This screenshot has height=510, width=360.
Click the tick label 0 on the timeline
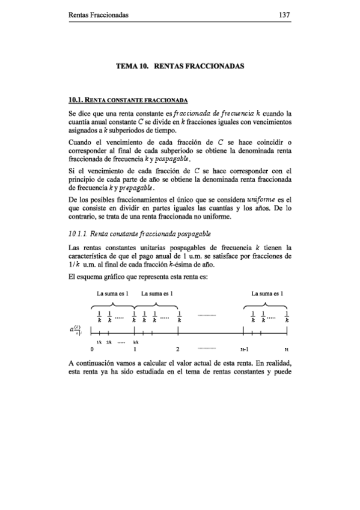click(92, 348)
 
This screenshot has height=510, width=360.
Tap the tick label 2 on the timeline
click(179, 348)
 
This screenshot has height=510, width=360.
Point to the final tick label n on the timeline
click(287, 348)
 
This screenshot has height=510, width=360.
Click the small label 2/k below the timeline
click(109, 340)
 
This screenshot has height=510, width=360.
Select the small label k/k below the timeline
click(136, 340)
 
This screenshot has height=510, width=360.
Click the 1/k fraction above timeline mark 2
click(179, 316)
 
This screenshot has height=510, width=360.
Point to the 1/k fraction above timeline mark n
click(287, 316)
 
